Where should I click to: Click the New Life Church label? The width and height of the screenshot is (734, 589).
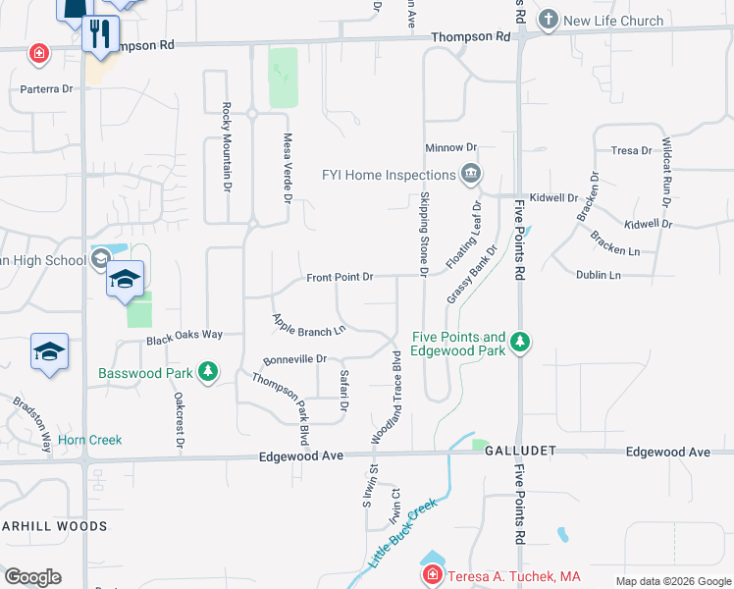click(614, 21)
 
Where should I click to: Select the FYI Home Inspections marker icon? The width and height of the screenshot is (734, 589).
click(471, 175)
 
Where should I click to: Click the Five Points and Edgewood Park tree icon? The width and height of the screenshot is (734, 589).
click(522, 343)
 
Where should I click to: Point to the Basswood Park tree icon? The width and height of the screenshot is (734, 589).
click(207, 372)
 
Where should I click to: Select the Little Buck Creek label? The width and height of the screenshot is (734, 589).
click(402, 536)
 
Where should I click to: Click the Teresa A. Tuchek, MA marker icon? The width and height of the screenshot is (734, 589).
click(431, 575)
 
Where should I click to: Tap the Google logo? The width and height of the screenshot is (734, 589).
click(32, 576)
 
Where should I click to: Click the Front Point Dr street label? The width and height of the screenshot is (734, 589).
click(340, 278)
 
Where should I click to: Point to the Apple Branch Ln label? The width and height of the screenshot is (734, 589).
click(310, 324)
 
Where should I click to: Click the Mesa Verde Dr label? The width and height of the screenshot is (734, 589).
click(288, 168)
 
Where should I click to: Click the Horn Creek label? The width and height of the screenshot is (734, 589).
click(90, 440)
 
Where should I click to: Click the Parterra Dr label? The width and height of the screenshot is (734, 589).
click(47, 88)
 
